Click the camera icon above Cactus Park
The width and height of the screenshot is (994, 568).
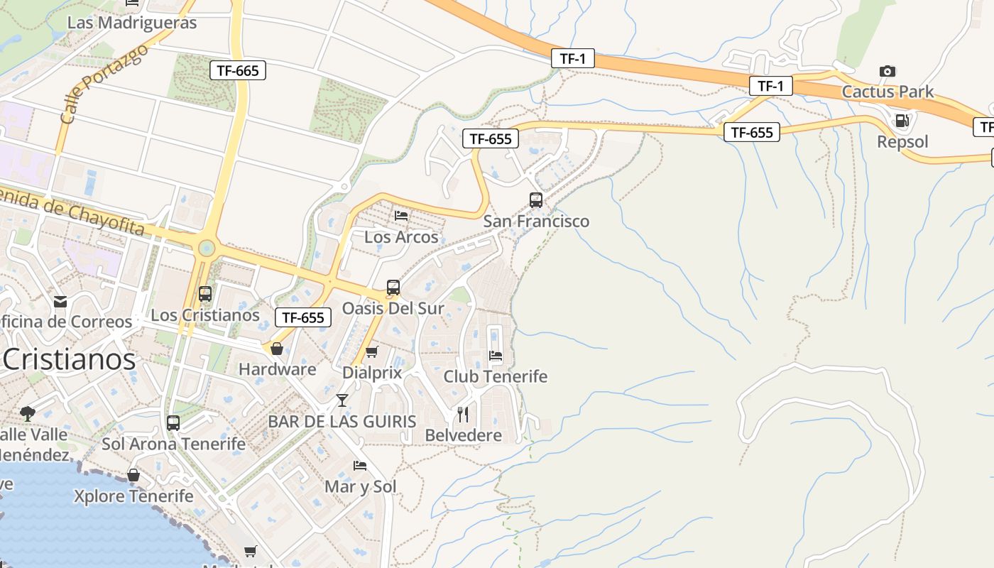887,71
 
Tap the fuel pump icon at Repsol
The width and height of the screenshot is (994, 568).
902,121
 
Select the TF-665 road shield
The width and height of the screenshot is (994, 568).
238,70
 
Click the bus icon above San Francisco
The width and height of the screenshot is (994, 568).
536,200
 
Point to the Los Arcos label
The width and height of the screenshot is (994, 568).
401,237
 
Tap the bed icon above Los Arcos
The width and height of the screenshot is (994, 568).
401,216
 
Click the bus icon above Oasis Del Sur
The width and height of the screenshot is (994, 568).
393,288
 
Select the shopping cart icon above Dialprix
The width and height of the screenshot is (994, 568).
371,351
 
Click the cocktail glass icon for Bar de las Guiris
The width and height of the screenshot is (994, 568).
342,400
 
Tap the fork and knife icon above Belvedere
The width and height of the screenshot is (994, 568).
463,414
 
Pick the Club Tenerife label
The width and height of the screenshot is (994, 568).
495,376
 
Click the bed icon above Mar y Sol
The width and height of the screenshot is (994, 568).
360,466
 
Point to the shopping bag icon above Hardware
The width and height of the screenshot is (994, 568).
277,349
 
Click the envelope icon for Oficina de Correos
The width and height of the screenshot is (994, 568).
60,302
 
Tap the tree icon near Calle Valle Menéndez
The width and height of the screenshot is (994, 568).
28,413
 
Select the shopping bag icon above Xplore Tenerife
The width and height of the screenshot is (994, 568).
133,475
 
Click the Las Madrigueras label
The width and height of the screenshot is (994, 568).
131,23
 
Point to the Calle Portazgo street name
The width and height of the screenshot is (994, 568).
104,84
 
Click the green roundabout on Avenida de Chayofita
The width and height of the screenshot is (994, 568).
206,248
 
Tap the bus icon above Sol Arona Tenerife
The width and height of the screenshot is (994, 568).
173,423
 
